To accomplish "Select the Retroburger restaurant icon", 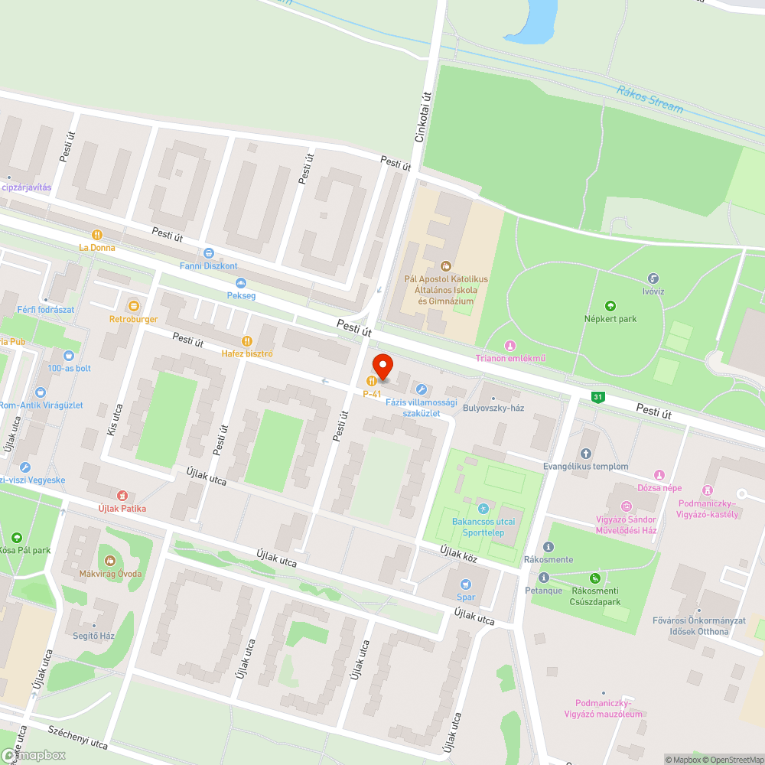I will (134, 305).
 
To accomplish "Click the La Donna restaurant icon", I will (97, 235).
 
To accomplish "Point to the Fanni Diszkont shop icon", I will (208, 253).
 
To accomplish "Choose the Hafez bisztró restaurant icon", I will (246, 341).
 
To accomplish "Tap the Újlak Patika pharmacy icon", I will (122, 496).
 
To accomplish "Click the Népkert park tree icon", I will (610, 305).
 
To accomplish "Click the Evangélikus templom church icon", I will (586, 454).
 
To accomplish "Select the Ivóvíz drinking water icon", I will (653, 278).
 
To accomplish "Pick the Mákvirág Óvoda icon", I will (110, 561).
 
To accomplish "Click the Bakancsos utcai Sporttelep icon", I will (483, 509).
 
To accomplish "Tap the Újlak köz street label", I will (459, 554).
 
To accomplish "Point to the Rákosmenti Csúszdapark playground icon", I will (595, 578).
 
